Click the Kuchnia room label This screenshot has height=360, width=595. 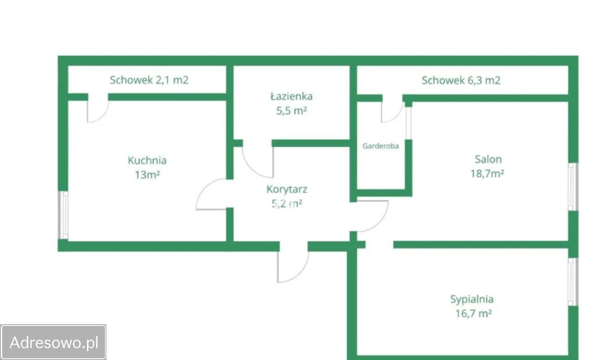click(147, 160)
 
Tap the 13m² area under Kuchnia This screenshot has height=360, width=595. click(147, 175)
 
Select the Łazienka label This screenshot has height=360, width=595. click(291, 96)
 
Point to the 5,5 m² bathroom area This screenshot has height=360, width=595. click(291, 111)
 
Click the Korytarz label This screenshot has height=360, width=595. click(287, 189)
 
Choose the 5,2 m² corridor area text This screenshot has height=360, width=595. click(287, 204)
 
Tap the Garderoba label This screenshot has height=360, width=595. click(381, 146)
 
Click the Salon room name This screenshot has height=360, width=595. click(488, 159)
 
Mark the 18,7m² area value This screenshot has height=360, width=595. click(487, 173)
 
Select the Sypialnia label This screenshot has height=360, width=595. click(472, 300)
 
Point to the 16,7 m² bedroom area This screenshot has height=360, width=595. click(474, 313)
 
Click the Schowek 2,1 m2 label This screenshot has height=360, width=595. click(149, 80)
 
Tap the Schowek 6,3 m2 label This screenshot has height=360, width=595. click(461, 80)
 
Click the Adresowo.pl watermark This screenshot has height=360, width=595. click(54, 342)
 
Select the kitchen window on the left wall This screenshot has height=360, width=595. click(63, 215)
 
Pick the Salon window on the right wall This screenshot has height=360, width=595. click(573, 187)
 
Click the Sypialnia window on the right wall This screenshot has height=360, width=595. click(573, 282)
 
